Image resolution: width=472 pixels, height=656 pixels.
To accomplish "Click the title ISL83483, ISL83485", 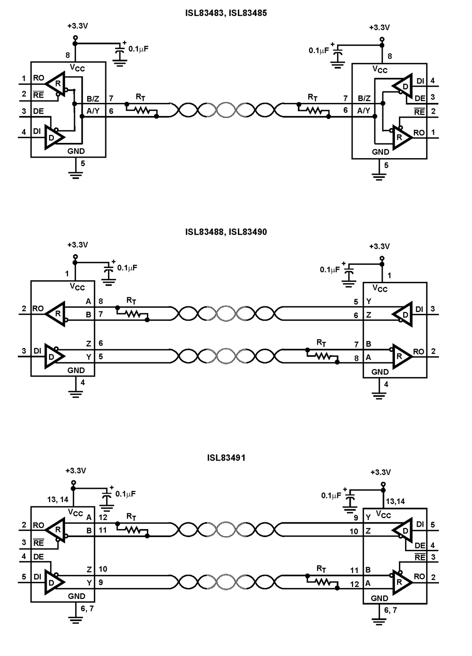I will pos(226,13).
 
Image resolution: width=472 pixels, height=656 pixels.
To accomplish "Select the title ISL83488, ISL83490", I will pos(226,232).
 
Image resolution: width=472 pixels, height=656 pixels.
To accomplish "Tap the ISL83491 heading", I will pos(226,457).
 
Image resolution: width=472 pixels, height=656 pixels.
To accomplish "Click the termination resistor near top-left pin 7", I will pos(141,110).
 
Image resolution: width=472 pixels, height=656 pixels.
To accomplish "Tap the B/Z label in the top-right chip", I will pos(364,98).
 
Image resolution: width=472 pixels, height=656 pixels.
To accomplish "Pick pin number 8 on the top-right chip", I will pos(389,56).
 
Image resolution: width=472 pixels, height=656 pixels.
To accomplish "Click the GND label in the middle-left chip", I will pos(76,370).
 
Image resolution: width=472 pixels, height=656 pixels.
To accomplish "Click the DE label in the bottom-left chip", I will pos(38,556).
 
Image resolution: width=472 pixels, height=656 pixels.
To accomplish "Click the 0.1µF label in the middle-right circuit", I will pos(330,269).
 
